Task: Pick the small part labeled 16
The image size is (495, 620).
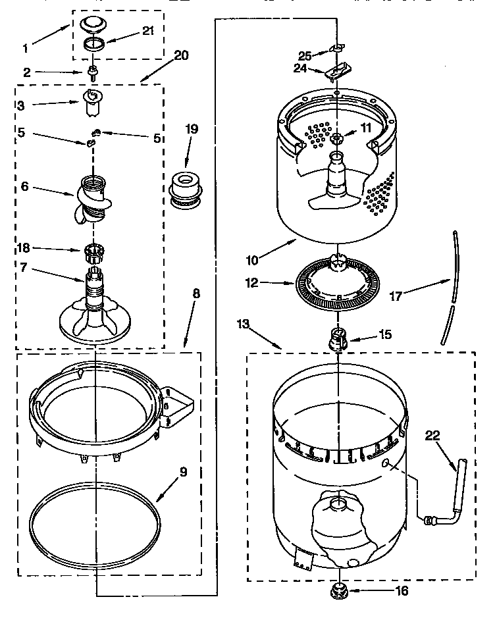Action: click(x=338, y=591)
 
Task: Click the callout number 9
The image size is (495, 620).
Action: click(x=183, y=471)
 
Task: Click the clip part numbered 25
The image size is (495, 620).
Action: click(x=337, y=49)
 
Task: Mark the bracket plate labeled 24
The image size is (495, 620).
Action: click(x=337, y=71)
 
